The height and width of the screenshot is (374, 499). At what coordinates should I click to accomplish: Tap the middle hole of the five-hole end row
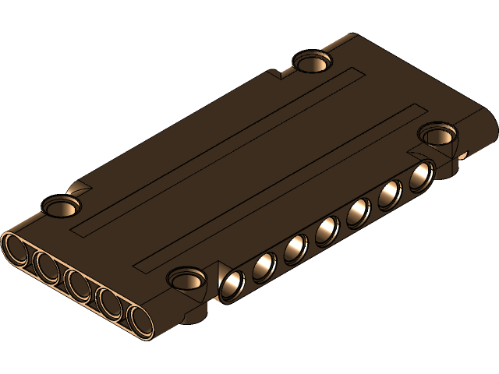(77, 284)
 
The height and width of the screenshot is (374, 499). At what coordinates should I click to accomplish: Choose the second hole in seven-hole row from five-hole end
(264, 266)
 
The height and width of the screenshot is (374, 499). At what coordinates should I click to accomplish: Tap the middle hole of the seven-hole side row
(327, 229)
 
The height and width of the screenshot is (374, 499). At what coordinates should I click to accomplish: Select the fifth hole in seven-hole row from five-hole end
(359, 210)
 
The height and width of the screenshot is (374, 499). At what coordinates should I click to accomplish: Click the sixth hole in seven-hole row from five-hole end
(390, 193)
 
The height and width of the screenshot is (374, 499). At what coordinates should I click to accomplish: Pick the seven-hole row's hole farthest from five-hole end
(421, 175)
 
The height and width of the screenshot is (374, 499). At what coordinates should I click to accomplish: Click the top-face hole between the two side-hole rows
(187, 276)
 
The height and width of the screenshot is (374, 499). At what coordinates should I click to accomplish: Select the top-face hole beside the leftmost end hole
(61, 206)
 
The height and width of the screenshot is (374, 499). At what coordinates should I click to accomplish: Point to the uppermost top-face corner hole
(311, 61)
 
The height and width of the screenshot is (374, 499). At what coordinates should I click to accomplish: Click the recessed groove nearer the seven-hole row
(281, 187)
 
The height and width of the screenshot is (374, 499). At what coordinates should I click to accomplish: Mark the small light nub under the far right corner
(464, 154)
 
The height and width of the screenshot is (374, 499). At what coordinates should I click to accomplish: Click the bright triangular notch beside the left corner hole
(78, 188)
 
